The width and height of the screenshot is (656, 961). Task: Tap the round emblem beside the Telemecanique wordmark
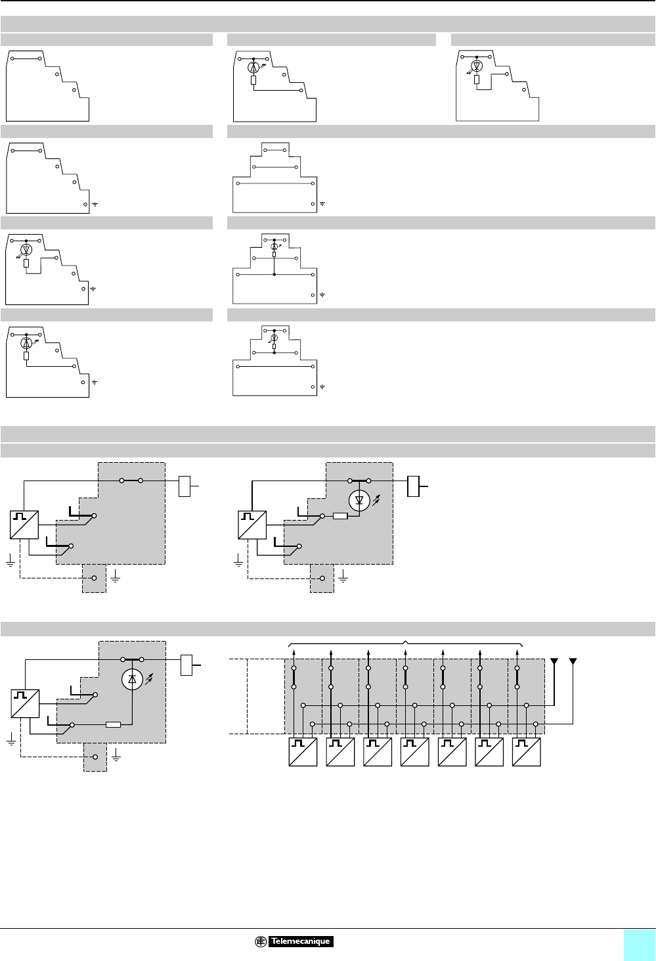[x=261, y=942]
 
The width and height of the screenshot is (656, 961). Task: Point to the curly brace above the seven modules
[x=406, y=642]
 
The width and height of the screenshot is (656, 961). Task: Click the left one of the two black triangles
[x=555, y=661]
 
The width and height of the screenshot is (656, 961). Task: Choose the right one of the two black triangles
[x=573, y=661]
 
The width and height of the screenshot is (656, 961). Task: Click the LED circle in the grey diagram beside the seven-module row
[x=132, y=681]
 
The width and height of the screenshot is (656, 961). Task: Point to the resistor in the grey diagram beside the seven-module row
[x=114, y=725]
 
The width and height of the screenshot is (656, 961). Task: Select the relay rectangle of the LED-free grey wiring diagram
[x=185, y=486]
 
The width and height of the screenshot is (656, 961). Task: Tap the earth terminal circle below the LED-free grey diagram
[x=94, y=578]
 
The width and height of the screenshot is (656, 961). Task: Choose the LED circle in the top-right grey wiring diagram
[x=359, y=500]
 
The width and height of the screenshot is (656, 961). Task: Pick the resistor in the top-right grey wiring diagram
[x=340, y=516]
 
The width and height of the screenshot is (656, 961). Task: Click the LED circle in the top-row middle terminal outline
[x=253, y=67]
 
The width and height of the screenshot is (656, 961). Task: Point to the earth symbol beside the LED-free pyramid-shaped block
[x=322, y=204]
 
